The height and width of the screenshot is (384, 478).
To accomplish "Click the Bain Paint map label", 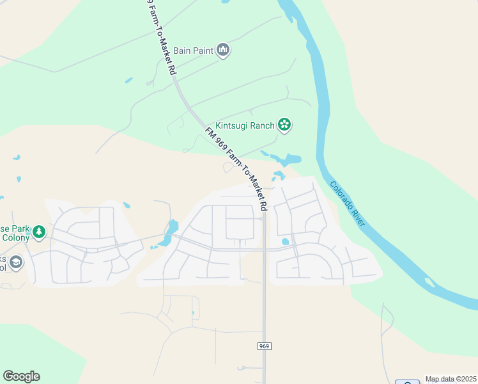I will coord(193,50).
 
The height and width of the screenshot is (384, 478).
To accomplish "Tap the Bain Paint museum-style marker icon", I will coord(223,50).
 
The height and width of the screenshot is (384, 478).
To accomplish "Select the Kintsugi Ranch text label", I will coord(245,125).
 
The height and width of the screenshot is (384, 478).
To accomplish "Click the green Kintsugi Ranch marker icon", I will coord(284,125).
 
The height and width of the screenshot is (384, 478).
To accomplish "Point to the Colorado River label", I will coord(347,203).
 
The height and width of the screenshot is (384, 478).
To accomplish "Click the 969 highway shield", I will coord(265,346).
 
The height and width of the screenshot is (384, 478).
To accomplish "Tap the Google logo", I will coord(21,376).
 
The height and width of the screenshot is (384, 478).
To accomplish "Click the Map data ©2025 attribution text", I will coord(451,379).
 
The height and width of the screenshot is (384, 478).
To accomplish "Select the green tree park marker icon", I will coord(39,232).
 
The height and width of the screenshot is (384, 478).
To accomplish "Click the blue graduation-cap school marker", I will coord(16,262).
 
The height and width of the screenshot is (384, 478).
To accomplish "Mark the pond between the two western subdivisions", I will coord(172,228).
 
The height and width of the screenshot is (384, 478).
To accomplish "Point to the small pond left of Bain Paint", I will coord(129,81).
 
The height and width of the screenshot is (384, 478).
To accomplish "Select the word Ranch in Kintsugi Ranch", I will coord(262,125).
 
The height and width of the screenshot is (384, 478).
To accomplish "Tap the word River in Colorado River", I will coord(357,215).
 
